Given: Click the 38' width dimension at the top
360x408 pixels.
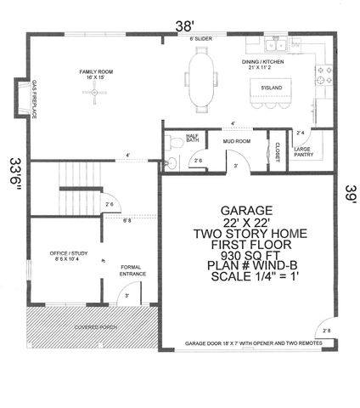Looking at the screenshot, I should click(184, 25).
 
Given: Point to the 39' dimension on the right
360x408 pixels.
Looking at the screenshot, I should click(348, 193).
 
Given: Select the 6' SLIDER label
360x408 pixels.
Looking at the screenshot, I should click(201, 39).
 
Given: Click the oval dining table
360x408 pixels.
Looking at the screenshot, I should click(201, 78).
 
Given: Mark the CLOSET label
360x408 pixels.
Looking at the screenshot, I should click(278, 150).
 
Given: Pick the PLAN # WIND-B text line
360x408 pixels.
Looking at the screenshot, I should click(246, 265).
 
